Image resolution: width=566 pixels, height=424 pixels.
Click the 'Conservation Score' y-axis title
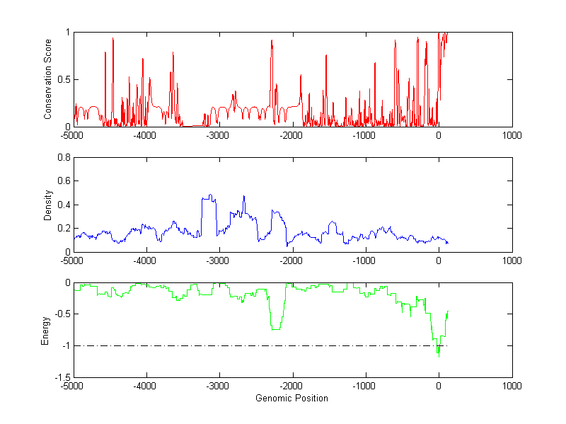[x=48, y=79]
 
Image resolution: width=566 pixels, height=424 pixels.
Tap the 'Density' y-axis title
[x=48, y=205]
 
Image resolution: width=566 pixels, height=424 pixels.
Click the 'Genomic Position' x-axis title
[x=291, y=398]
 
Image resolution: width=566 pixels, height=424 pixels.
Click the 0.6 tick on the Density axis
[x=63, y=181]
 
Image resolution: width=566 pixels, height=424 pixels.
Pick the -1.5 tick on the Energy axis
[x=62, y=377]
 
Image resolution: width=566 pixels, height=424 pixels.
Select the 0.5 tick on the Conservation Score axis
[x=63, y=79]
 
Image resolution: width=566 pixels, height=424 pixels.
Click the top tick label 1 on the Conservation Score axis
[x=67, y=33]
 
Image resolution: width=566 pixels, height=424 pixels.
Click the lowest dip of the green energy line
[x=439, y=357]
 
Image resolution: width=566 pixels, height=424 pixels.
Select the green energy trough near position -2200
[x=276, y=329]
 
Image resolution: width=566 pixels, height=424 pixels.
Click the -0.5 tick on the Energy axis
[x=62, y=314]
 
